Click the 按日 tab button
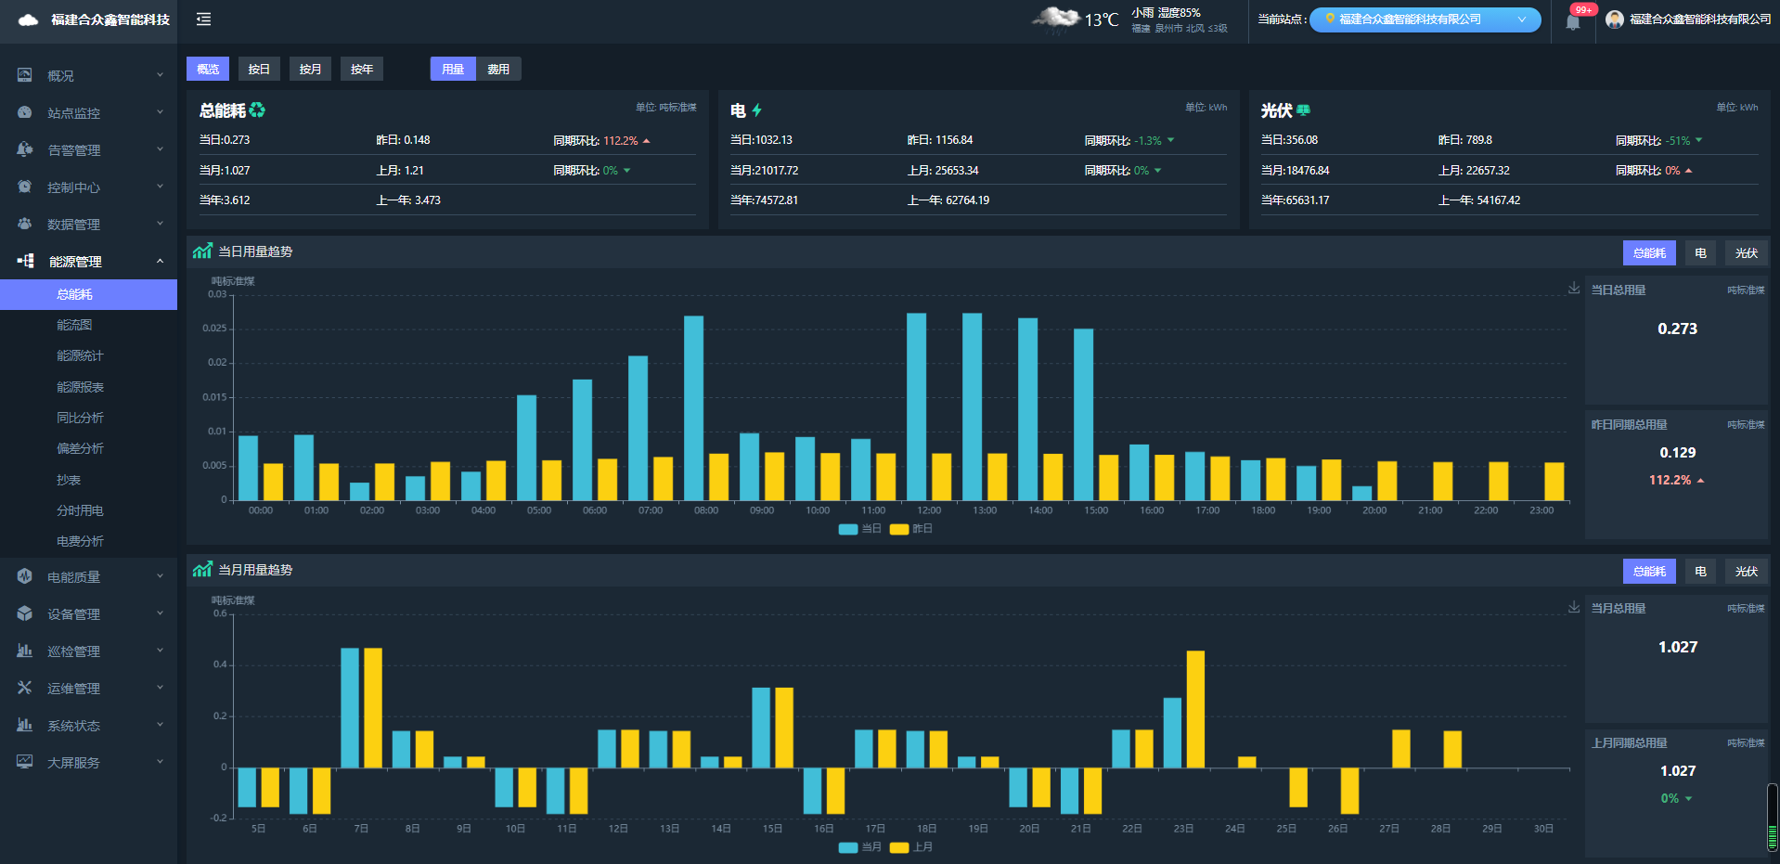coord(259,70)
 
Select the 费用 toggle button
coord(498,70)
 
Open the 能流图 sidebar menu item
coord(74,325)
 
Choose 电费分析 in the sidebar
coord(80,541)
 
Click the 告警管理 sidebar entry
coord(74,150)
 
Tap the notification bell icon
coord(1572,22)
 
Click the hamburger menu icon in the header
coord(204,19)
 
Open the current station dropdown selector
coord(1425,19)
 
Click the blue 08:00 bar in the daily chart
coord(693,408)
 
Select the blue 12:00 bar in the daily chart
coord(916,406)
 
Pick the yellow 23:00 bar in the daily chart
coord(1554,482)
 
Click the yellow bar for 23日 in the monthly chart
coord(1195,709)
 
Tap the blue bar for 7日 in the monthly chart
coord(350,707)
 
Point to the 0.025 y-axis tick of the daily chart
coord(214,329)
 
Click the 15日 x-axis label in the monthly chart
coord(772,829)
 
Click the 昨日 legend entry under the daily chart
coord(912,529)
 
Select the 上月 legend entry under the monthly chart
coord(912,847)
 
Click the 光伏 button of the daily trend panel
coord(1746,253)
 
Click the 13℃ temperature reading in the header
coord(1102,20)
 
